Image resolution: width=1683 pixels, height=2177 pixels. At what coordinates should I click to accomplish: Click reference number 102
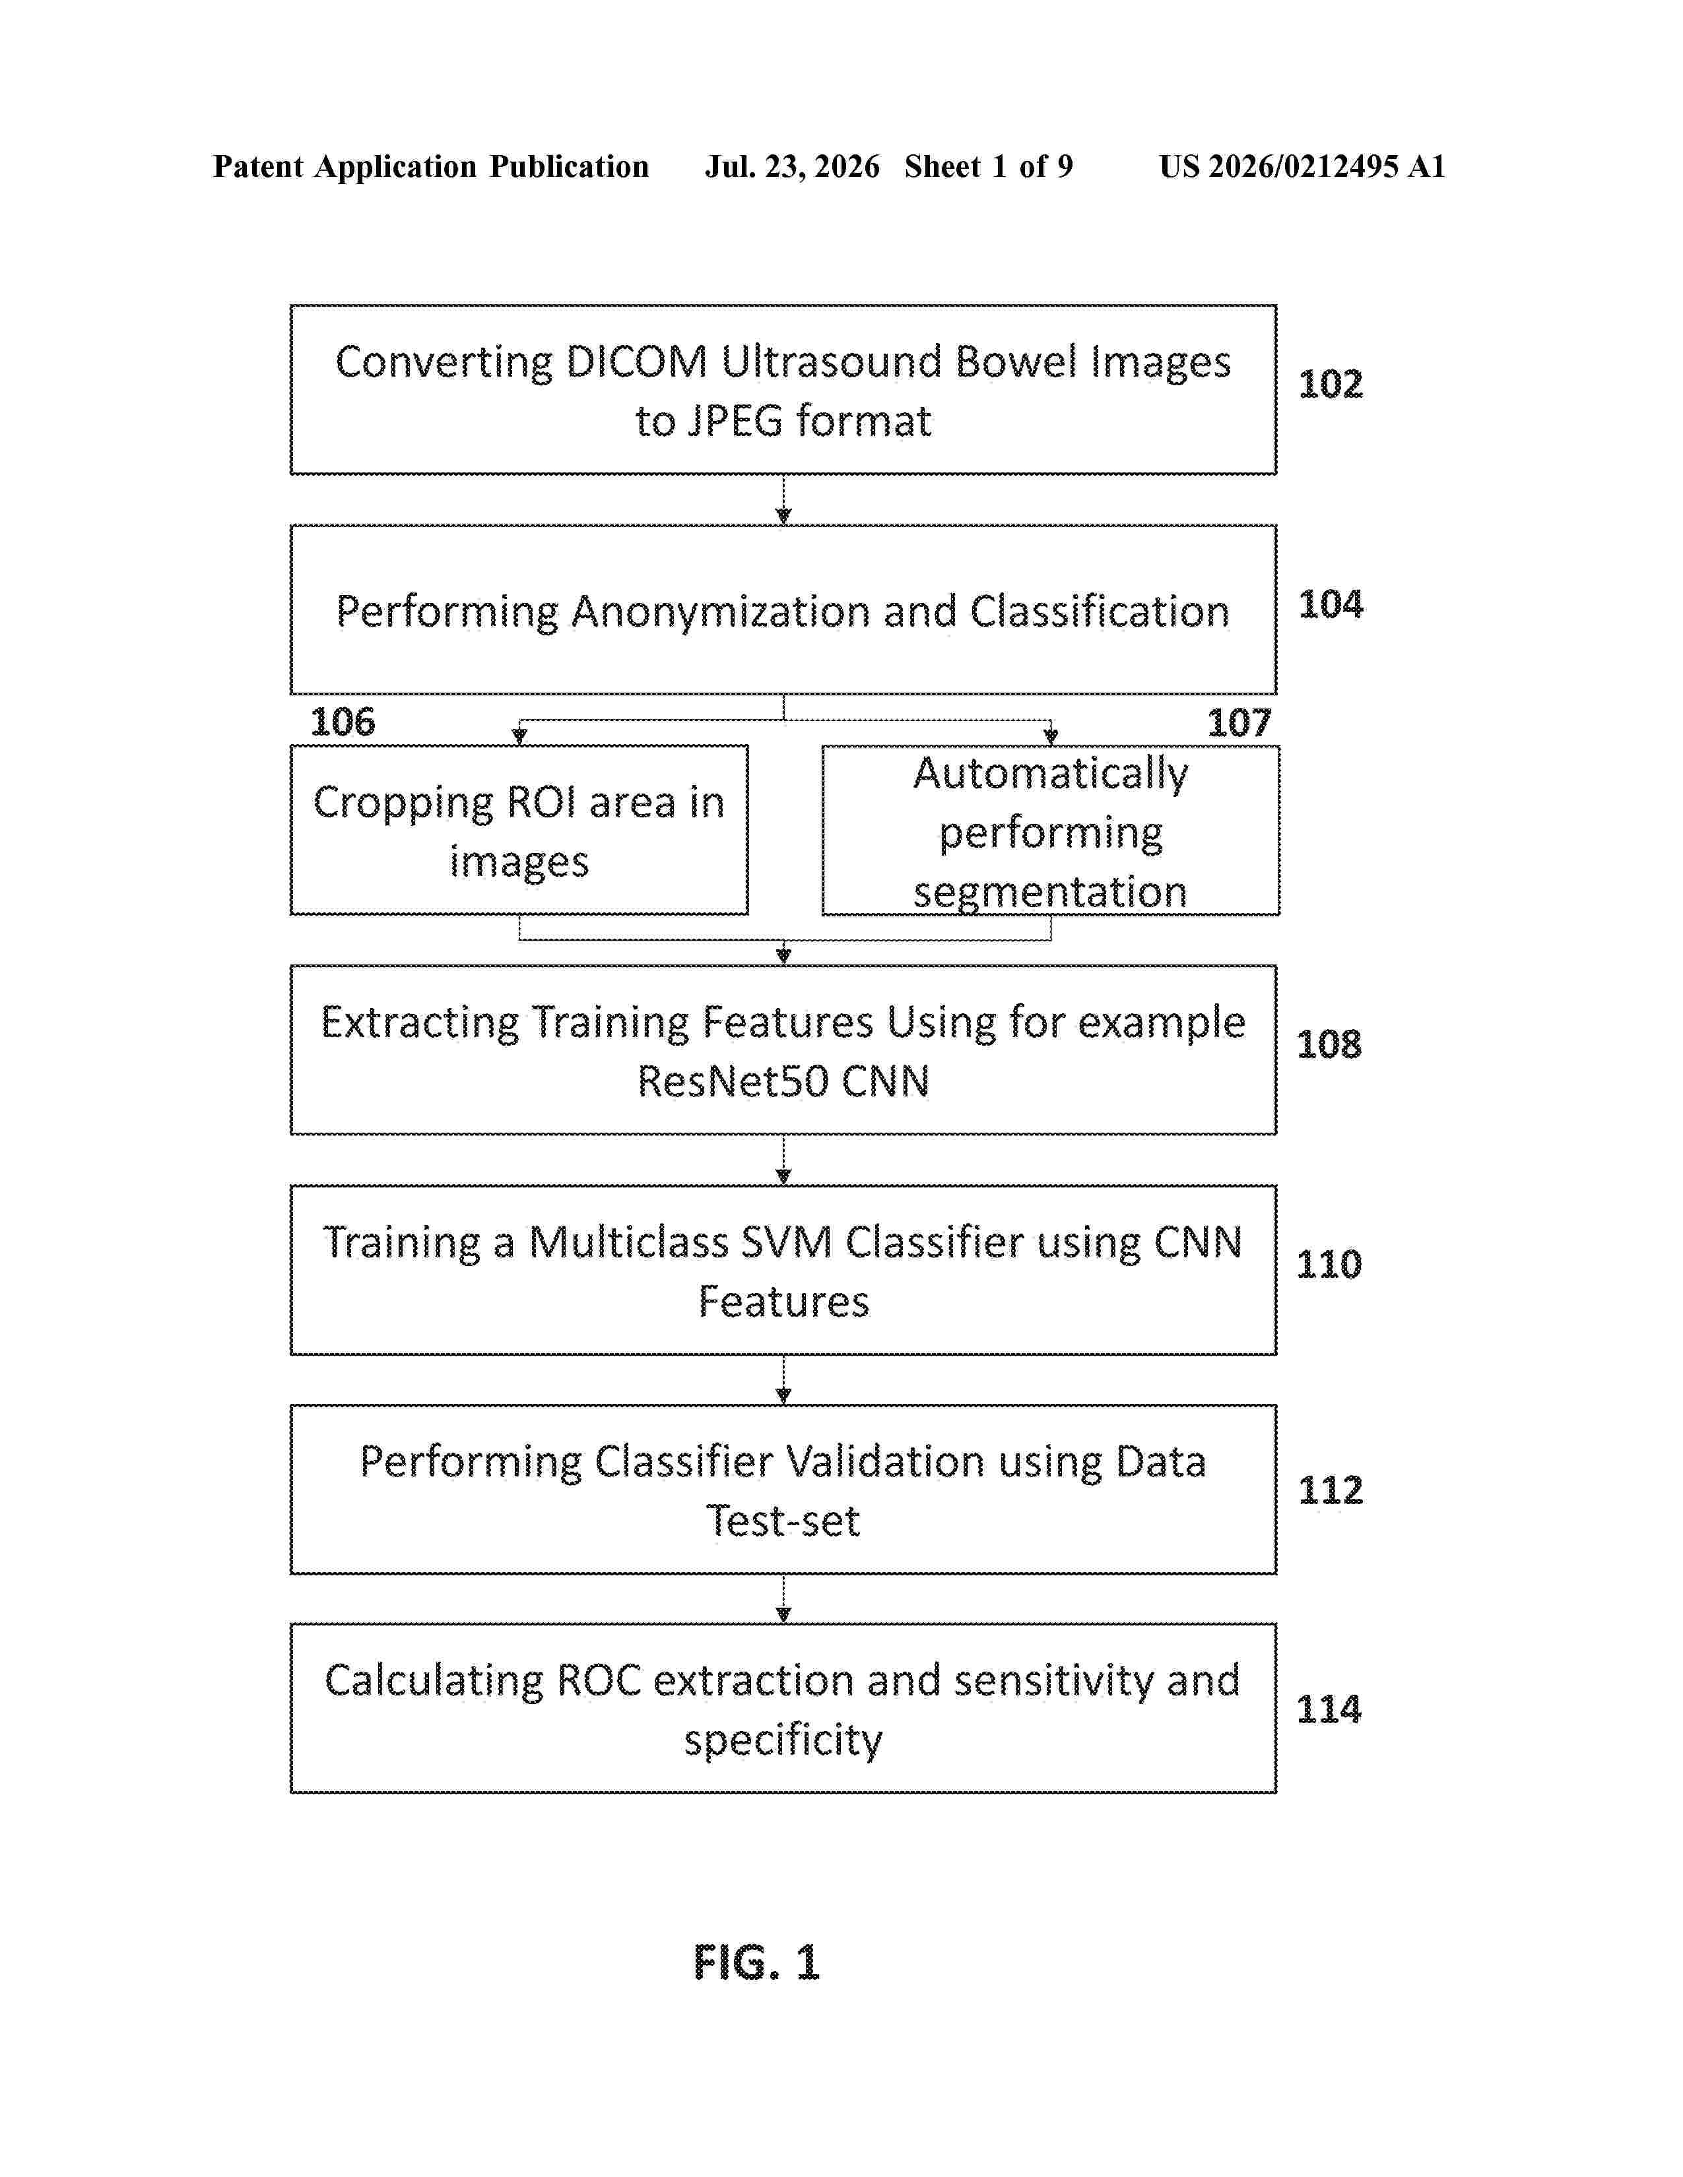pos(1330,384)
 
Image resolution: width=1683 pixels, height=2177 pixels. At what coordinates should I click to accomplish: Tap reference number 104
pos(1330,604)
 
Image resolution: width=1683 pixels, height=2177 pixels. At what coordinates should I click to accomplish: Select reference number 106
pos(342,722)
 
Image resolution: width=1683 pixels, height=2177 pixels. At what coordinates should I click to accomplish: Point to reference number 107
pos(1239,722)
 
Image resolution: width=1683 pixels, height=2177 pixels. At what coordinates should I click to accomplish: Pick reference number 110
pos(1328,1264)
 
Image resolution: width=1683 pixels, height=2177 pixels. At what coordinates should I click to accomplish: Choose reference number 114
pos(1328,1709)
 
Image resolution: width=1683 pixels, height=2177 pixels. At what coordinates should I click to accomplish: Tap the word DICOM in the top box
pos(636,362)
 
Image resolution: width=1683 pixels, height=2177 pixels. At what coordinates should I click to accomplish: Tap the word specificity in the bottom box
pos(783,1740)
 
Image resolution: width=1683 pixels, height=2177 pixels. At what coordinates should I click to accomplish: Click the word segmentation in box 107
pos(1050,892)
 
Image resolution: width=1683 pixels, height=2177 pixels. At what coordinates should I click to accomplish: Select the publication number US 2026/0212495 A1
pos(1302,166)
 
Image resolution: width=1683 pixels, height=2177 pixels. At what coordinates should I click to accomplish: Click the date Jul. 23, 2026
pos(793,166)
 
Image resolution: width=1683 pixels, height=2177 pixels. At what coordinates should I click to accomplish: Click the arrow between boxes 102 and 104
pos(783,499)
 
